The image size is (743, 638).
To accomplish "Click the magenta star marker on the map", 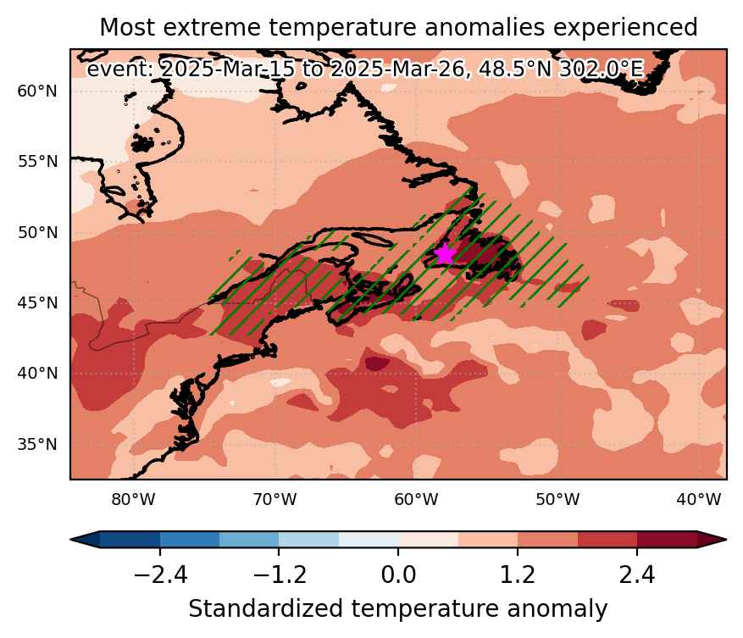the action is pos(446,254).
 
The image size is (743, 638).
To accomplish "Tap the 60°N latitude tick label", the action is pos(37,91).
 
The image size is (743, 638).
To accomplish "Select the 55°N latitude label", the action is pos(37,162).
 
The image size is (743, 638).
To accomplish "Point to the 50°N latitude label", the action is pos(37,233).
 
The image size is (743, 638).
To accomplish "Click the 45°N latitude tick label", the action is pos(37,302).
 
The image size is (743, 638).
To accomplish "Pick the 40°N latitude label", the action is pos(37,374).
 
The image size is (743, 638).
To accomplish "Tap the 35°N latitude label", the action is pos(37,445).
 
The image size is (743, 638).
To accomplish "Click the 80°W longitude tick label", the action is pos(134,499).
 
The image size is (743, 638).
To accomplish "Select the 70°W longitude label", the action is pos(274,499).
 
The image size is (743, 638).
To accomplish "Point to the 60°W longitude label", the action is pos(416,499).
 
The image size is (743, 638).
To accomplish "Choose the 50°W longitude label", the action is pos(557,499).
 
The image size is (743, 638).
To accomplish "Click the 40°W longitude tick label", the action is pos(699,499).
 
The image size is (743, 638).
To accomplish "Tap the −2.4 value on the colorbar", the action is pos(161,575).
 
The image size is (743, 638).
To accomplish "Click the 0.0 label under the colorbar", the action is pos(398,575).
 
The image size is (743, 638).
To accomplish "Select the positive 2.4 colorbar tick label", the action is pos(637,575).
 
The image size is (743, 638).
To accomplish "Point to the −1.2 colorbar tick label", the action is pos(280,575).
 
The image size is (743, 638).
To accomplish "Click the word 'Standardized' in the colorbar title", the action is pos(265,609).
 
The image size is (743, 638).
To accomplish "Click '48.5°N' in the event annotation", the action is pos(515,69).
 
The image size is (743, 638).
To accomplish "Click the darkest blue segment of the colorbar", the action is pos(130,540).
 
